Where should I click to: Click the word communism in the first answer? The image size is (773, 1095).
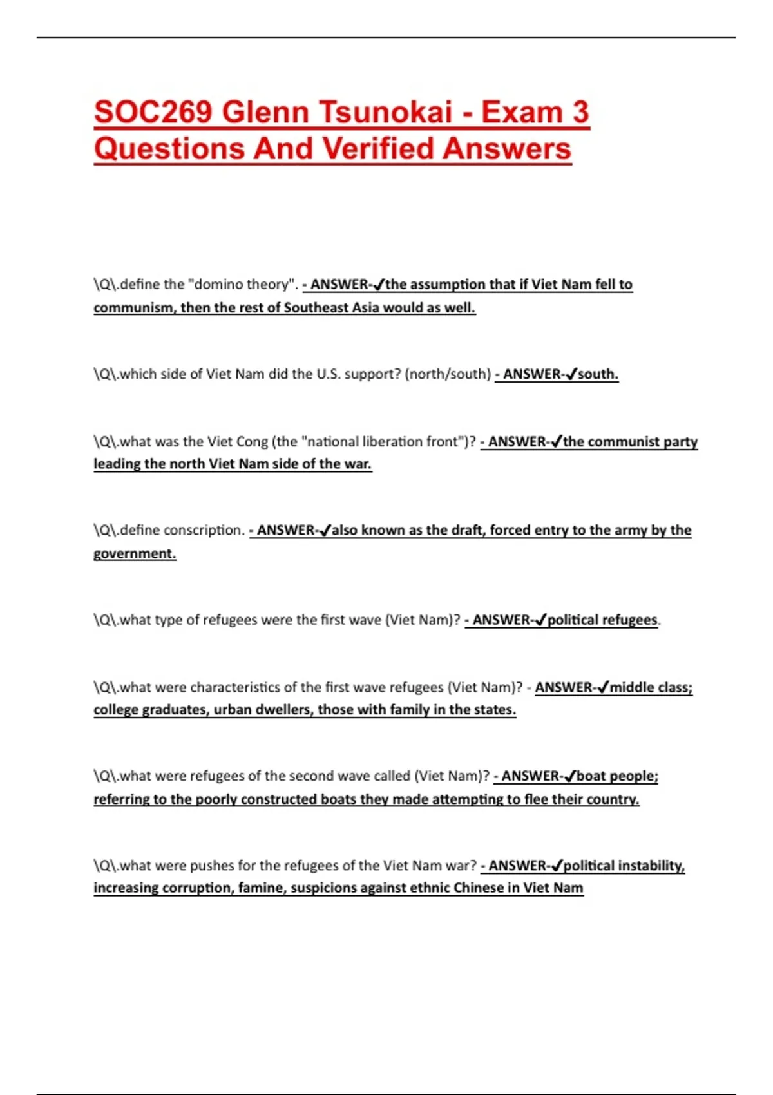coord(133,308)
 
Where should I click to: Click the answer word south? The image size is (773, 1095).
coord(598,374)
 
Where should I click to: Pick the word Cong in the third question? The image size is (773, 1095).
coord(252,442)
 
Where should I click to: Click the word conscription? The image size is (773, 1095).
coord(202,530)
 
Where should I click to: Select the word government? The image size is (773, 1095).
coord(134,554)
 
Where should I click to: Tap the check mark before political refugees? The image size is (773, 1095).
coord(540,620)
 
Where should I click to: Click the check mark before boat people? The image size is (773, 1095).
coord(569,776)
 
